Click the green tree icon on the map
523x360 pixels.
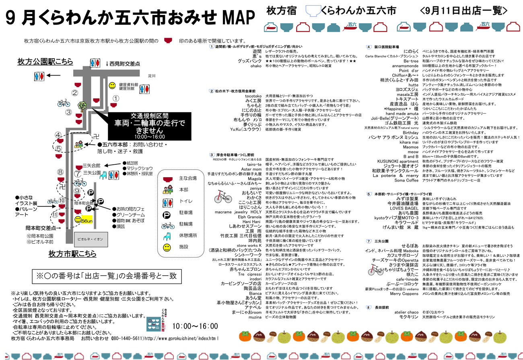point(82,106)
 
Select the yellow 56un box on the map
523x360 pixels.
point(87,221)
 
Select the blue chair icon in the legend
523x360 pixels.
point(168,236)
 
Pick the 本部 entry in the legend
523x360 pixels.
point(184,189)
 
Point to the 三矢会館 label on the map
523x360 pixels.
point(91,165)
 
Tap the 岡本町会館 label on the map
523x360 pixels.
point(83,203)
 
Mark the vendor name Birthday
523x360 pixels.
point(411,133)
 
